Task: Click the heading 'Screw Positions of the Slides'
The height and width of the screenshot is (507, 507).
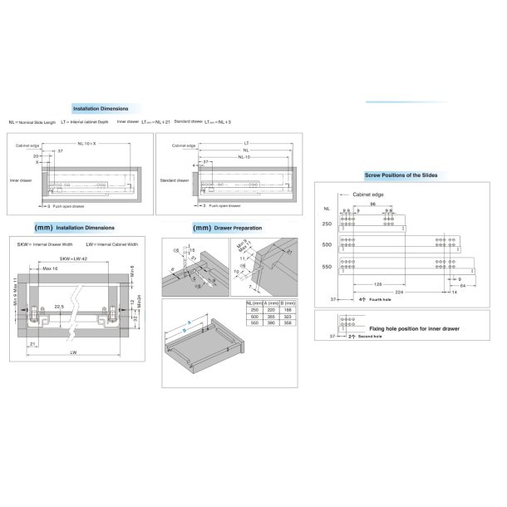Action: (401, 175)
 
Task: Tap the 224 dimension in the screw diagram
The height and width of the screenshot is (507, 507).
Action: (399, 292)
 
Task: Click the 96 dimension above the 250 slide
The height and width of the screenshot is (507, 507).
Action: (373, 204)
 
